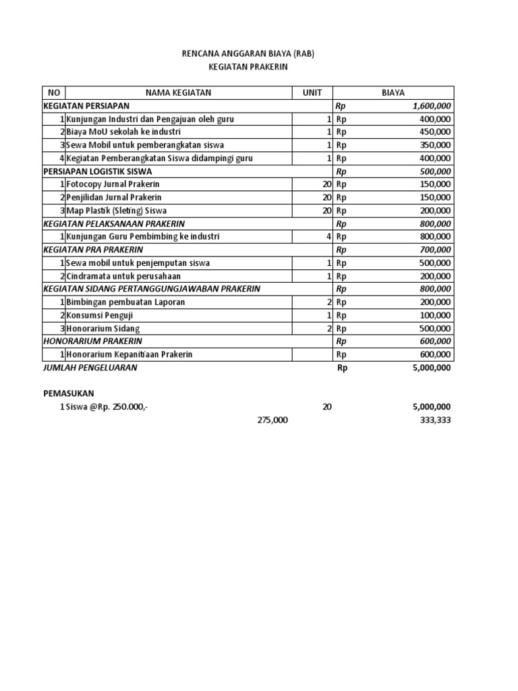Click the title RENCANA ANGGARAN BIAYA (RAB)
(248, 54)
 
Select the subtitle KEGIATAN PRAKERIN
(248, 68)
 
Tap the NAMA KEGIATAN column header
(178, 93)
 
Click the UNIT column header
(312, 93)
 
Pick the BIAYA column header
(393, 93)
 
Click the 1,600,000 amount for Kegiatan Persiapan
(432, 106)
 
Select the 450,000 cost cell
(436, 132)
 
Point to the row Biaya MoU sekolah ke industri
(123, 132)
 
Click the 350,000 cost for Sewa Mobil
(436, 145)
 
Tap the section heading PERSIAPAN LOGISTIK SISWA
(97, 171)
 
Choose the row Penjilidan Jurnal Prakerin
(113, 198)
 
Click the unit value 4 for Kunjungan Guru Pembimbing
(328, 237)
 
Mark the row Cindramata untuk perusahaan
(123, 276)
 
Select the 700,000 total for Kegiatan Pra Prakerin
(436, 250)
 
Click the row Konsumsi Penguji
(98, 315)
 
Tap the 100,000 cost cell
(436, 315)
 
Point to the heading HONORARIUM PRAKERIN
(92, 341)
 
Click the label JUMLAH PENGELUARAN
(90, 368)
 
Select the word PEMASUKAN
(69, 393)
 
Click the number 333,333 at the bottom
(435, 420)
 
